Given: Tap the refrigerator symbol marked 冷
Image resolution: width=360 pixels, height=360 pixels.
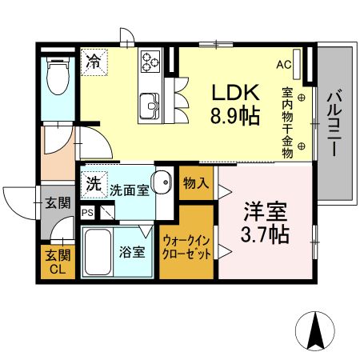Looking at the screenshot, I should tap(94, 60).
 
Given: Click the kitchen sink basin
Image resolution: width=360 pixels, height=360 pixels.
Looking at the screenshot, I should tap(149, 104).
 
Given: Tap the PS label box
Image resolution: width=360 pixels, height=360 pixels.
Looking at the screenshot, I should tap(87, 213).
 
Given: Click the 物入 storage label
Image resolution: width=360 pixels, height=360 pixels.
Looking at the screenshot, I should tap(196, 183).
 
